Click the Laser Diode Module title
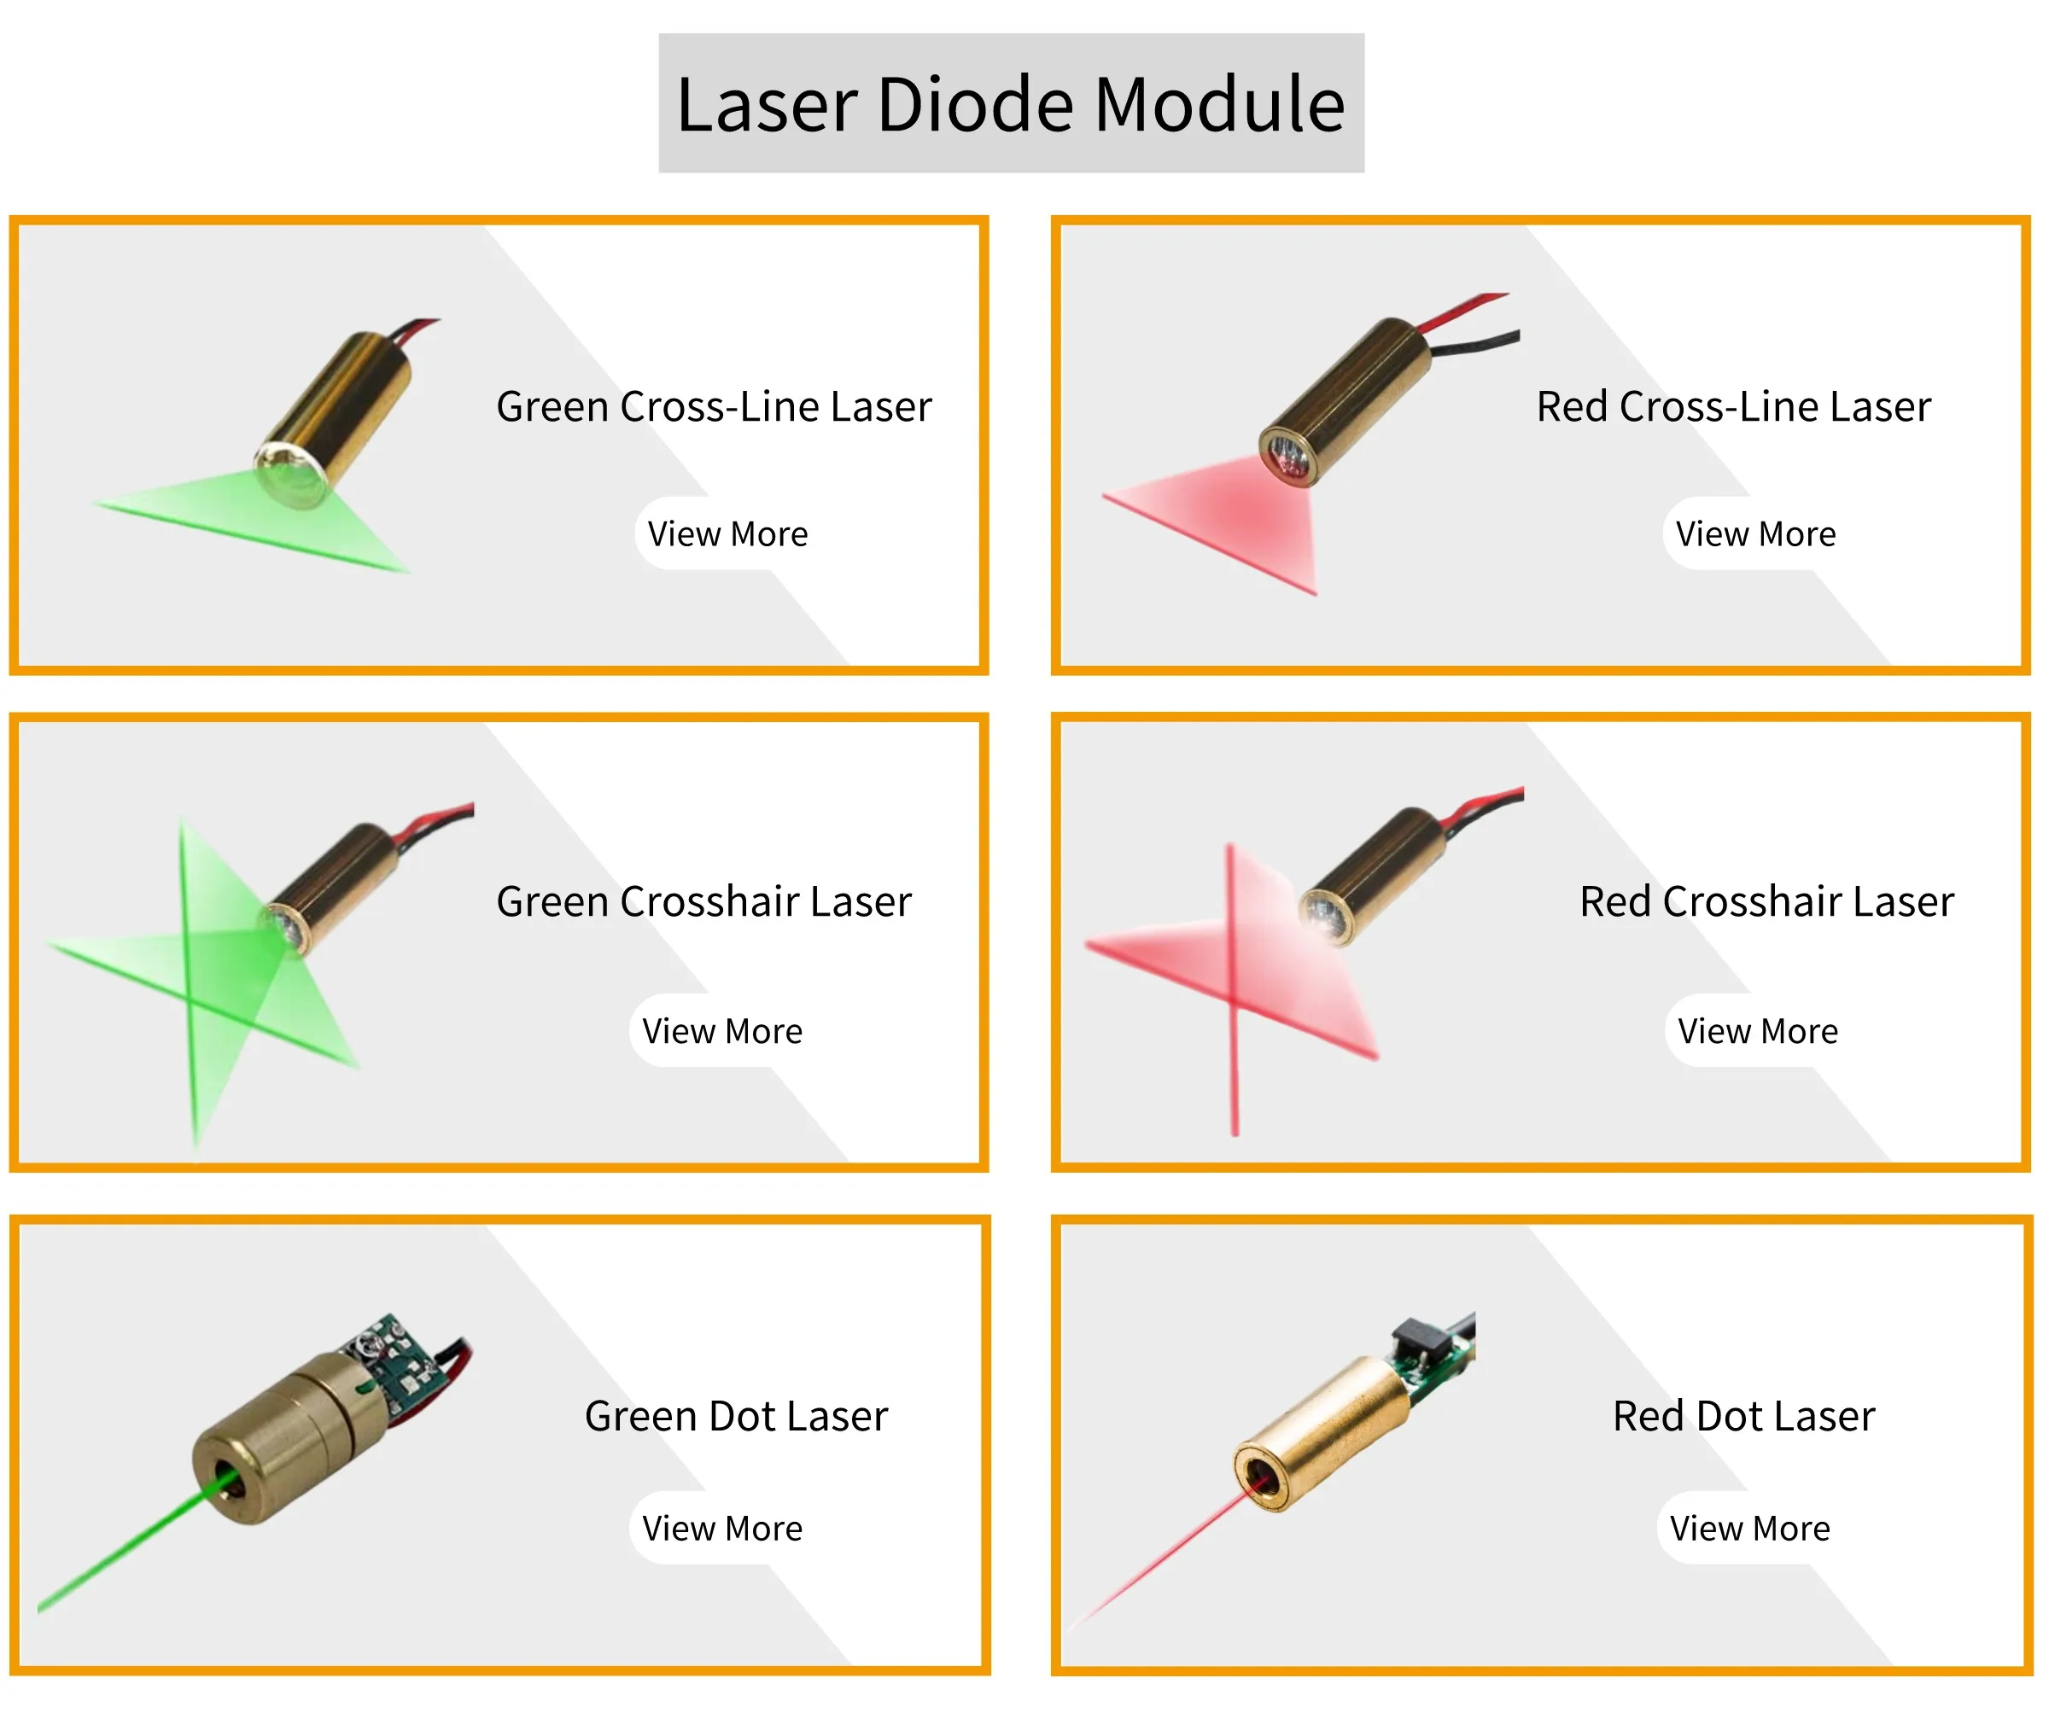1011,103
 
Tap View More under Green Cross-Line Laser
728,533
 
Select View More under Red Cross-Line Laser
1755,533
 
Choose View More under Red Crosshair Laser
1757,1031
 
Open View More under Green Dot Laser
722,1528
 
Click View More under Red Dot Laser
1749,1528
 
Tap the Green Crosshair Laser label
703,901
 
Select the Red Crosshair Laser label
1766,901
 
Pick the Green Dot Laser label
736,1415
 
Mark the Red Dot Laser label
1743,1415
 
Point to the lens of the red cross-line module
1286,457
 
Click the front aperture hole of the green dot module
228,1482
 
